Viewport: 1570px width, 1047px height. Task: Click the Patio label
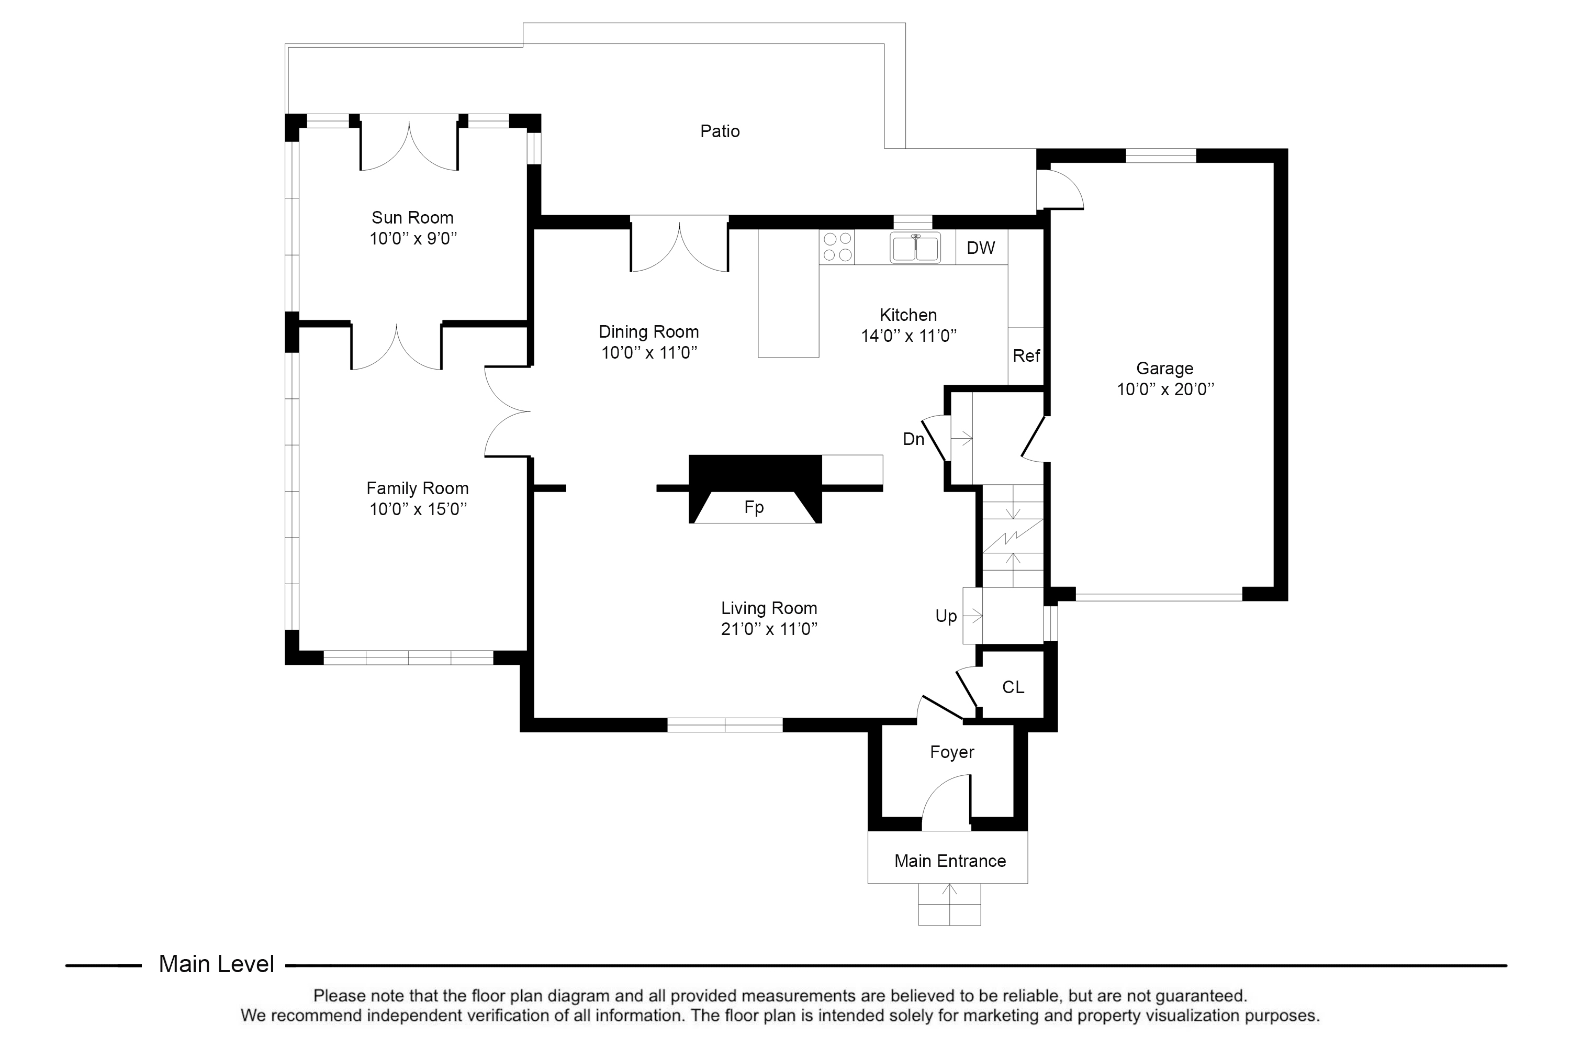pyautogui.click(x=720, y=131)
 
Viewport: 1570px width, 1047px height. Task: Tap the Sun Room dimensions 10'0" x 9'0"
pyautogui.click(x=413, y=238)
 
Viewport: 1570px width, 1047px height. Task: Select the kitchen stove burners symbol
pyautogui.click(x=837, y=247)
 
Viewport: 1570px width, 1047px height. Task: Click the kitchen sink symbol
pyautogui.click(x=915, y=247)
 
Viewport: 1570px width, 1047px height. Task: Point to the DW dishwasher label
pyautogui.click(x=981, y=248)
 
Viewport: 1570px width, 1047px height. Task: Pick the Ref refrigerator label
pyautogui.click(x=1026, y=356)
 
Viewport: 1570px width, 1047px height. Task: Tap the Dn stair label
pyautogui.click(x=913, y=439)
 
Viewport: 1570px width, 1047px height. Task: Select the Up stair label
pyautogui.click(x=946, y=616)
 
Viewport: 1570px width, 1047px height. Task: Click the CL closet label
pyautogui.click(x=1013, y=687)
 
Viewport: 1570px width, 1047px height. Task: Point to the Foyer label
pyautogui.click(x=952, y=752)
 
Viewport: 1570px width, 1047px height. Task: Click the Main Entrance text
pyautogui.click(x=950, y=861)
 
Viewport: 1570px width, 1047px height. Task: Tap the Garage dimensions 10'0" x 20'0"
pyautogui.click(x=1165, y=389)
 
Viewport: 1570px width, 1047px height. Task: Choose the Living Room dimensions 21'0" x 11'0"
pyautogui.click(x=769, y=629)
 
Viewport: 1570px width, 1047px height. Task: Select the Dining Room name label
pyautogui.click(x=648, y=332)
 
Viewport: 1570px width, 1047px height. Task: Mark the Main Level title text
pyautogui.click(x=216, y=964)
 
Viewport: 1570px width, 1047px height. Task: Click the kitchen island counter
pyautogui.click(x=788, y=293)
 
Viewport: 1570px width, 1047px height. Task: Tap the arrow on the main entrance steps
pyautogui.click(x=949, y=904)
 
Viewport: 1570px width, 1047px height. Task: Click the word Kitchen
pyautogui.click(x=908, y=315)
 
